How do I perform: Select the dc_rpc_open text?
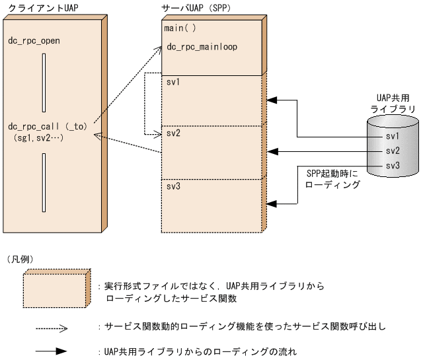[x=34, y=41]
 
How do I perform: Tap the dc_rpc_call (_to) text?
[x=48, y=126]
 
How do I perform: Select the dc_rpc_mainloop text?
[x=202, y=47]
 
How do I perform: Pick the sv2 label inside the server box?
[x=173, y=133]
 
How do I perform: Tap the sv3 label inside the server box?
[x=173, y=187]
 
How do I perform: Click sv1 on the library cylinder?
[x=393, y=135]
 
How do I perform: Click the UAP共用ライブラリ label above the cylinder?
[x=392, y=102]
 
